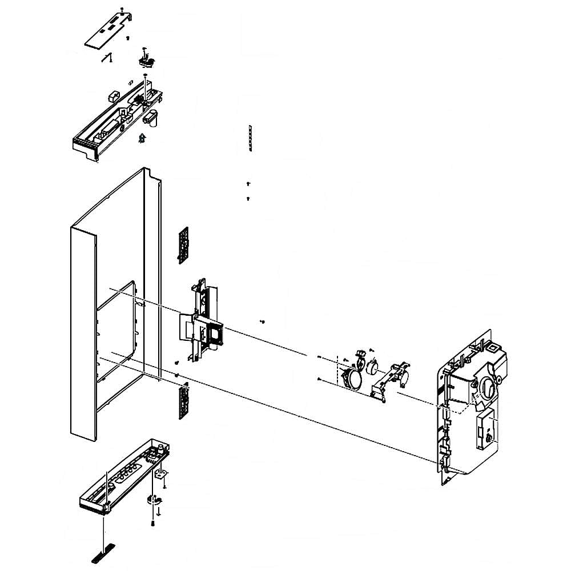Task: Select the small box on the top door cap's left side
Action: pos(112,94)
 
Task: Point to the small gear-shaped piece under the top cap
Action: pos(142,138)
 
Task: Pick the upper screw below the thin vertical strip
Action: pos(248,184)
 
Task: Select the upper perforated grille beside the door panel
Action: pos(183,244)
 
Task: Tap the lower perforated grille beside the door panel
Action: pos(183,401)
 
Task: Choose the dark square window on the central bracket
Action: pos(215,335)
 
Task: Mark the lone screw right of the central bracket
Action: pos(262,322)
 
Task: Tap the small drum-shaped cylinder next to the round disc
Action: pos(373,365)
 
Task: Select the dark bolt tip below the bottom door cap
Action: pos(153,523)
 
